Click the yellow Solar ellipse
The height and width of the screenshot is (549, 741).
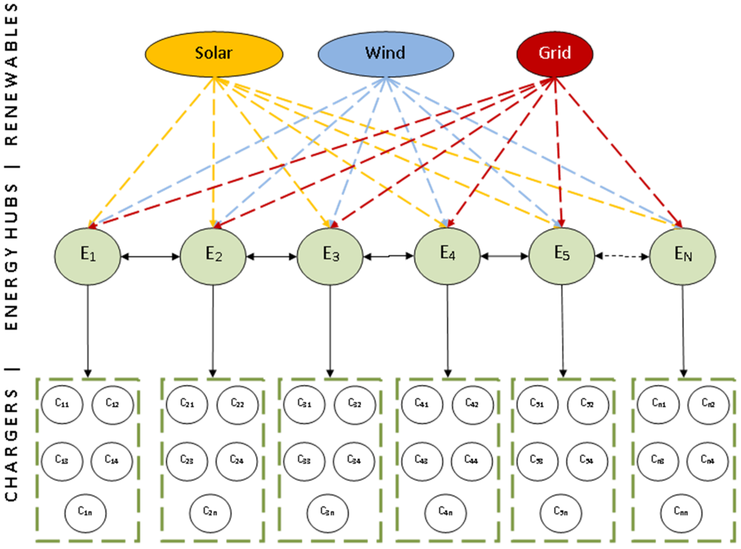(x=214, y=54)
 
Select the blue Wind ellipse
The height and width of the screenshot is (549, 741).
(x=385, y=54)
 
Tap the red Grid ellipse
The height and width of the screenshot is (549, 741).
(x=555, y=54)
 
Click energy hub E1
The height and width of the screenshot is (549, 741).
(x=88, y=256)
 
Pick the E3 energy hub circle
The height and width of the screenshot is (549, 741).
(x=330, y=256)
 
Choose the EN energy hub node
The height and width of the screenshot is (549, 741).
(x=683, y=256)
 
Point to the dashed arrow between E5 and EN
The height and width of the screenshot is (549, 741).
(x=622, y=256)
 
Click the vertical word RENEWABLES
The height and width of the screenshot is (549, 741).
(x=12, y=75)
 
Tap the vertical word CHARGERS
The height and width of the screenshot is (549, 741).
(x=12, y=445)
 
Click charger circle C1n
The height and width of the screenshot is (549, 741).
(x=85, y=513)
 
